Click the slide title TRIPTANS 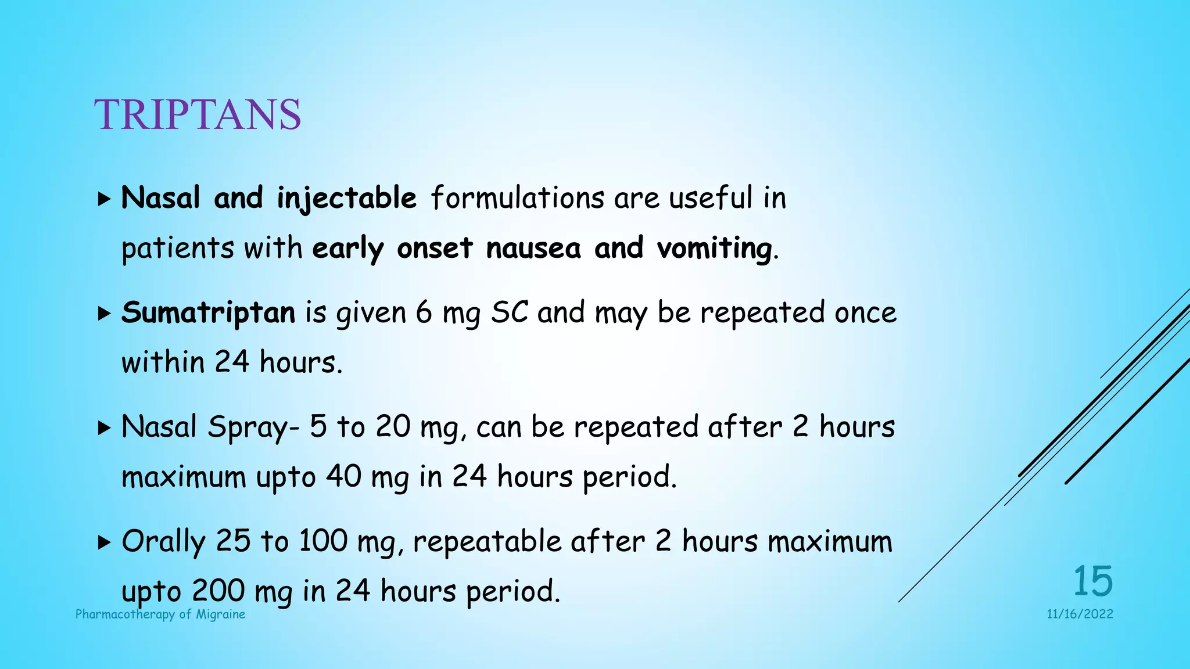tap(198, 114)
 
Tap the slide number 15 tap(1092, 581)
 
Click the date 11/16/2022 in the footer tap(1080, 614)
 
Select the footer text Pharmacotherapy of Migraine tap(160, 614)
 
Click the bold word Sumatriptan tap(208, 312)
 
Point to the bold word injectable tap(346, 199)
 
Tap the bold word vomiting tap(714, 249)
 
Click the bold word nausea tap(533, 249)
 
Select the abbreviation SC tap(510, 312)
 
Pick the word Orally tap(163, 542)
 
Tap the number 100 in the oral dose tap(322, 541)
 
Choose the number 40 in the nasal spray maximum tap(344, 477)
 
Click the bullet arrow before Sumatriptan tap(104, 314)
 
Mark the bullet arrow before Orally tap(104, 543)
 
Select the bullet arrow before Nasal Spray tap(104, 429)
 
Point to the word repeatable tap(487, 542)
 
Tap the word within tap(163, 362)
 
